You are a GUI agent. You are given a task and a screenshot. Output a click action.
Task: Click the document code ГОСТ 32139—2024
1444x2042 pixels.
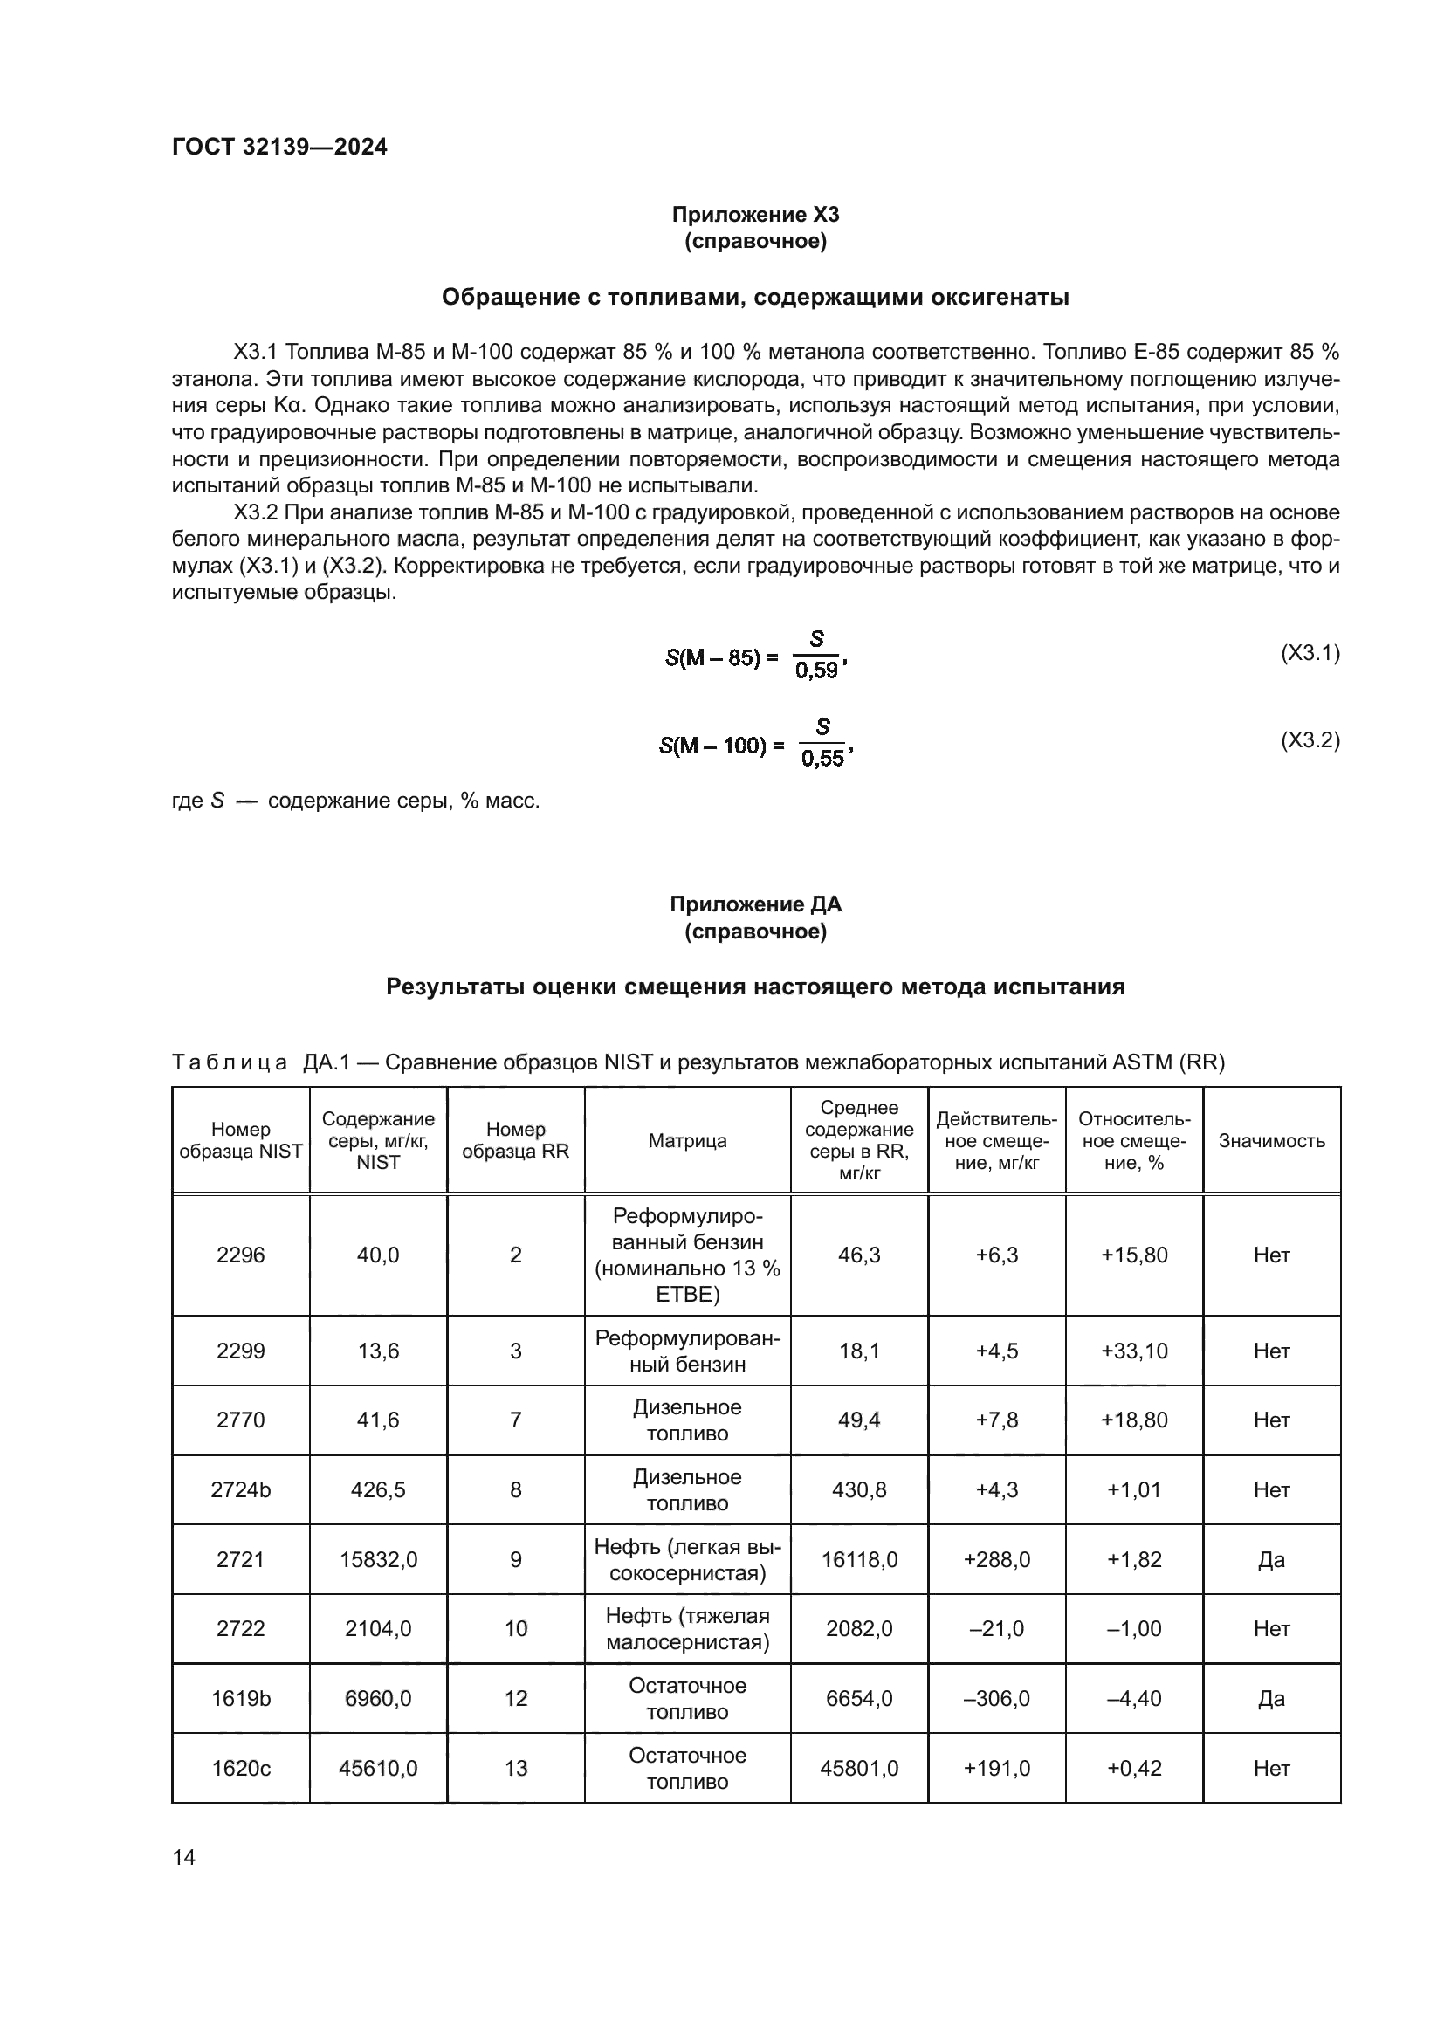click(279, 147)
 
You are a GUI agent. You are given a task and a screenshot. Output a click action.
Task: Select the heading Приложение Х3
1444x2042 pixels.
click(755, 215)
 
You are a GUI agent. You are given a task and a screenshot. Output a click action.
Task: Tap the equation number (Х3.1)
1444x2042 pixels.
click(1310, 653)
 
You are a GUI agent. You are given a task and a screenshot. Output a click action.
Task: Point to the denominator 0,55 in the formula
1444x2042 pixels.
click(822, 759)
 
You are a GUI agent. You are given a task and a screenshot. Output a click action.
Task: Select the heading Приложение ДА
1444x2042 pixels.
click(755, 904)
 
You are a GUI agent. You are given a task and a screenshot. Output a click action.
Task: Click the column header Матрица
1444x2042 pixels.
click(687, 1140)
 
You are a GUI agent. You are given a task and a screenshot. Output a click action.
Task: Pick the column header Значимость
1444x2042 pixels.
click(1271, 1140)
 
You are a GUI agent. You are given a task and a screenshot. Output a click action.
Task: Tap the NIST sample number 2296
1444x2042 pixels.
click(240, 1255)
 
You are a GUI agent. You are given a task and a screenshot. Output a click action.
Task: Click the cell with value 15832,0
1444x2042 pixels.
click(378, 1559)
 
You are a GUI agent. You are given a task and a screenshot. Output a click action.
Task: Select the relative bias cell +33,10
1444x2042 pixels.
click(1134, 1351)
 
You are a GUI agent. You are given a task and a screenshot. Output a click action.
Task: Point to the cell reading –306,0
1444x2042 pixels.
click(997, 1699)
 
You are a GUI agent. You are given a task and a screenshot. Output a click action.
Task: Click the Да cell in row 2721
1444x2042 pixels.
click(1271, 1559)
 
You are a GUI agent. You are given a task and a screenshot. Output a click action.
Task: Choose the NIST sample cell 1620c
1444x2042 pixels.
click(240, 1768)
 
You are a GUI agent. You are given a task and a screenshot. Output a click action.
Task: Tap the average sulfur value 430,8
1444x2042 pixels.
click(859, 1489)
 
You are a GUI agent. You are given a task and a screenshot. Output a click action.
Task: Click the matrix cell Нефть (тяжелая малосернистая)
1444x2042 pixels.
click(687, 1628)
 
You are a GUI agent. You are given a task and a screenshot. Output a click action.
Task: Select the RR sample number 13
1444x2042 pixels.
click(516, 1768)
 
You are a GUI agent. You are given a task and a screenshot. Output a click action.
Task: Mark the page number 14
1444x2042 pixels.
click(184, 1857)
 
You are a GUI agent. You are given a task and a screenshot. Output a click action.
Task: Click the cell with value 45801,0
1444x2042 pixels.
click(859, 1768)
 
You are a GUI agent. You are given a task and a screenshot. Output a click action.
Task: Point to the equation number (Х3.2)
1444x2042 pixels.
click(1310, 740)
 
